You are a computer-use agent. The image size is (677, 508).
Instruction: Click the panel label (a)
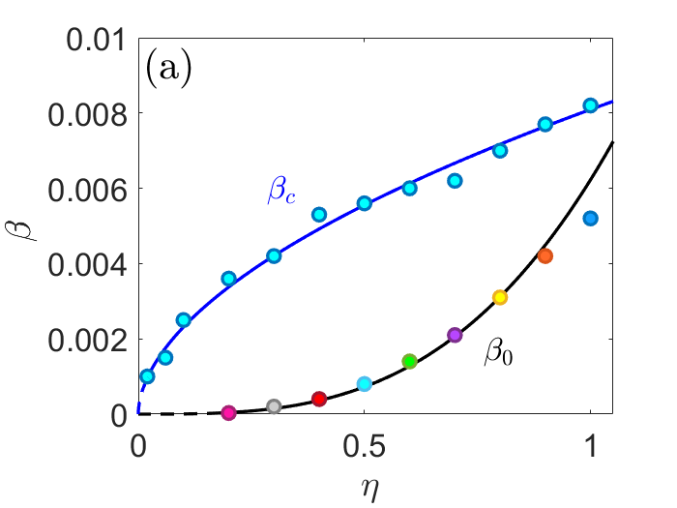click(168, 71)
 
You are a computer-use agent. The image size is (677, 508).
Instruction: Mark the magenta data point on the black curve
click(228, 412)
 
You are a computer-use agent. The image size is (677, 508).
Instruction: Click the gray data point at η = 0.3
click(274, 406)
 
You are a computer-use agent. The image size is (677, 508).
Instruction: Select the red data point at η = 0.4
click(319, 399)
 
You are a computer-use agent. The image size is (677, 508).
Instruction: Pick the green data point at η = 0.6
click(409, 361)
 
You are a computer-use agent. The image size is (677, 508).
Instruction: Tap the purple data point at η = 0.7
click(455, 335)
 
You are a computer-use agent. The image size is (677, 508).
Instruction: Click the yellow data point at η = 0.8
click(500, 297)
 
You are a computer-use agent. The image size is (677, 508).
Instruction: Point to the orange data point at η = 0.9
click(545, 255)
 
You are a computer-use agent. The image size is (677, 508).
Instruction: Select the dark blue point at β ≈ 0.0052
click(590, 218)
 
